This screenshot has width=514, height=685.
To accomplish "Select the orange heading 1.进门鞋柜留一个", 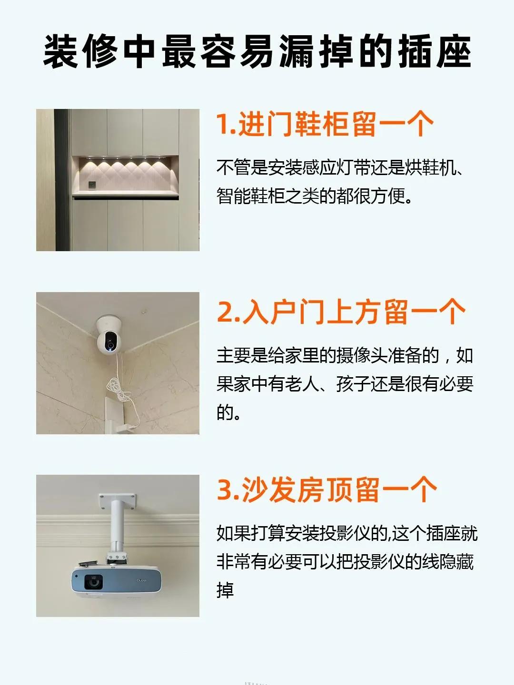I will click(x=325, y=125).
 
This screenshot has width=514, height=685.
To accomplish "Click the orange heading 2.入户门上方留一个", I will click(x=341, y=312).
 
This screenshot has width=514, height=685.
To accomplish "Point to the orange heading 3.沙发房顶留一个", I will click(x=326, y=490).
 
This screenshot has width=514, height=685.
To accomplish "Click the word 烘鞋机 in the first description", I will click(x=430, y=167).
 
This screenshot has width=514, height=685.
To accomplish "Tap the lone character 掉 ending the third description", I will click(x=225, y=590).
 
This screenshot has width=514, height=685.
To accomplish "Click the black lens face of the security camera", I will click(x=107, y=341).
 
